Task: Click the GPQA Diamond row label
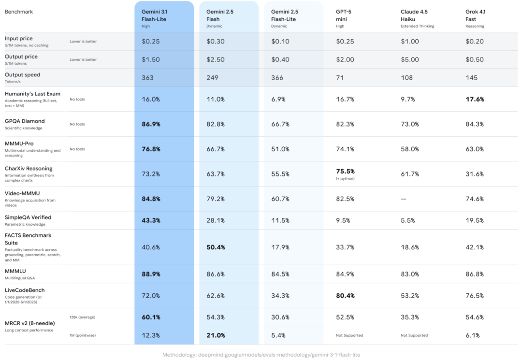[25, 121]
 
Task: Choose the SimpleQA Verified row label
[28, 217]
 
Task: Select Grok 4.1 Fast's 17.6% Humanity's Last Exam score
[475, 99]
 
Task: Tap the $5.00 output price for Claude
[410, 59]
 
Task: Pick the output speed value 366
[278, 78]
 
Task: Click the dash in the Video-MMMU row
[404, 199]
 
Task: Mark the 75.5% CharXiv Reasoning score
[345, 171]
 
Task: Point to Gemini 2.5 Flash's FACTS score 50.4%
[216, 247]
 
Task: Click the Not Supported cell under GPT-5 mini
[349, 335]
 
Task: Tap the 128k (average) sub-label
[83, 317]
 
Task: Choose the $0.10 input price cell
[280, 42]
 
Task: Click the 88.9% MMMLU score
[151, 274]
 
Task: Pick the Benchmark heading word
[19, 11]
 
